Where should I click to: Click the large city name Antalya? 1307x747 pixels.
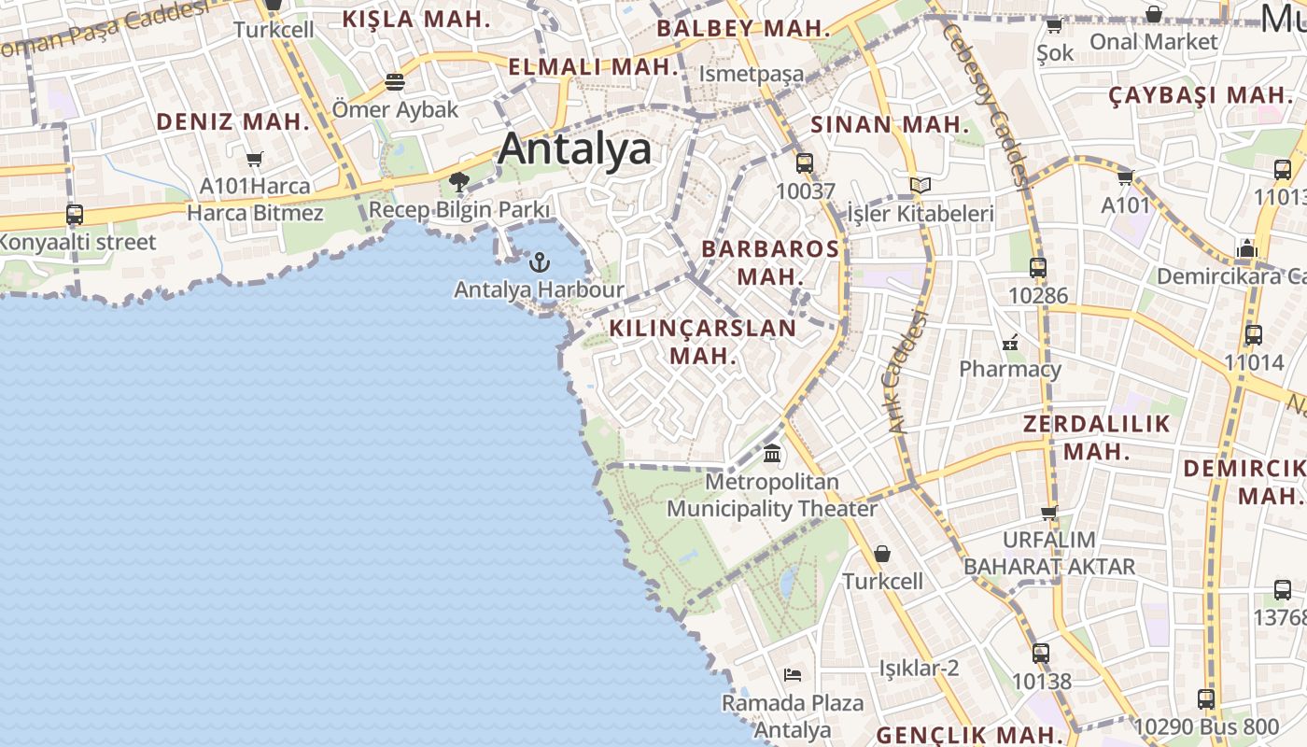point(574,148)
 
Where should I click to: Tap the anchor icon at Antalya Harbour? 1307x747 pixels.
point(540,262)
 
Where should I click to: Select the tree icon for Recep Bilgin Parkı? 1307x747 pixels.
point(458,181)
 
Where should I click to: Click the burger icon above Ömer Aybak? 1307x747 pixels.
point(395,82)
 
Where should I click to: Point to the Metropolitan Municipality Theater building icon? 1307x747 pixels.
point(772,454)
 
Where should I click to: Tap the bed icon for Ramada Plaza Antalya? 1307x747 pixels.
point(793,674)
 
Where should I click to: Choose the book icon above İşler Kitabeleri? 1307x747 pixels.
point(921,185)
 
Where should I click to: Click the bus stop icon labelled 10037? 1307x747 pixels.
point(805,163)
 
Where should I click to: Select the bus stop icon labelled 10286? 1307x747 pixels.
point(1037,268)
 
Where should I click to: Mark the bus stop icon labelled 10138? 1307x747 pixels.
point(1041,654)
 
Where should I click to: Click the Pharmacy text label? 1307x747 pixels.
point(1010,369)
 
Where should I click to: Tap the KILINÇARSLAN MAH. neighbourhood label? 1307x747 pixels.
point(703,342)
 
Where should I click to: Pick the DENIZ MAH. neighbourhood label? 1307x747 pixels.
point(232,121)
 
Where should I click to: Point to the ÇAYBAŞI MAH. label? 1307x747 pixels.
point(1200,95)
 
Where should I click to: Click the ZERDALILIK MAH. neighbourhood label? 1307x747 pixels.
point(1097,437)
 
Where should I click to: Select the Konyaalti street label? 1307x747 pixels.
point(77,242)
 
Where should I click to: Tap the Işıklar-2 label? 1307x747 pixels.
point(919,668)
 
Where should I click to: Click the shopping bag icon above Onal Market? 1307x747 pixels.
point(1154,14)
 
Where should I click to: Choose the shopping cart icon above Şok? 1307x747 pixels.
point(1054,25)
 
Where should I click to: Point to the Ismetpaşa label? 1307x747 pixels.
point(752,74)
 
